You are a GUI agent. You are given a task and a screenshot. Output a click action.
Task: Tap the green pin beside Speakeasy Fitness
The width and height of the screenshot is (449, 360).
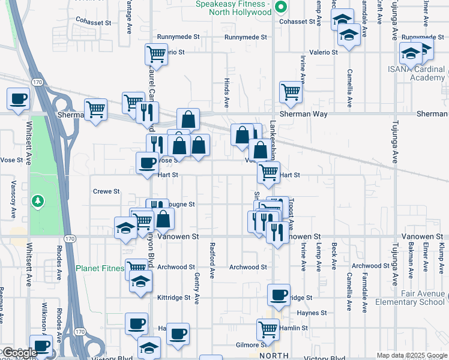280,8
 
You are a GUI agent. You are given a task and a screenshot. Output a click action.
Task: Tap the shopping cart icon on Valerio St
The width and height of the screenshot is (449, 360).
156,54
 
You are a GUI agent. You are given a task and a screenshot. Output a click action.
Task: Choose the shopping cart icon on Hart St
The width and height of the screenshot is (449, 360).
268,172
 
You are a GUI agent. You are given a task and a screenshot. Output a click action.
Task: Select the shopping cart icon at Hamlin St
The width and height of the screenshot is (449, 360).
268,328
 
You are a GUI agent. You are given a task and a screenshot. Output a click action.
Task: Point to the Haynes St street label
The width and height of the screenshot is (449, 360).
312,313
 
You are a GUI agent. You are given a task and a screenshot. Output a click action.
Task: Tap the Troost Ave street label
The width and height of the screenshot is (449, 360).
289,215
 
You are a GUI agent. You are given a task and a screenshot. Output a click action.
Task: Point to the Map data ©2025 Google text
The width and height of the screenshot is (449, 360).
411,355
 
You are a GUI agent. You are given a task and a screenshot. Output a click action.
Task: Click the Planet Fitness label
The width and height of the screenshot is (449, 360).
100,268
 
